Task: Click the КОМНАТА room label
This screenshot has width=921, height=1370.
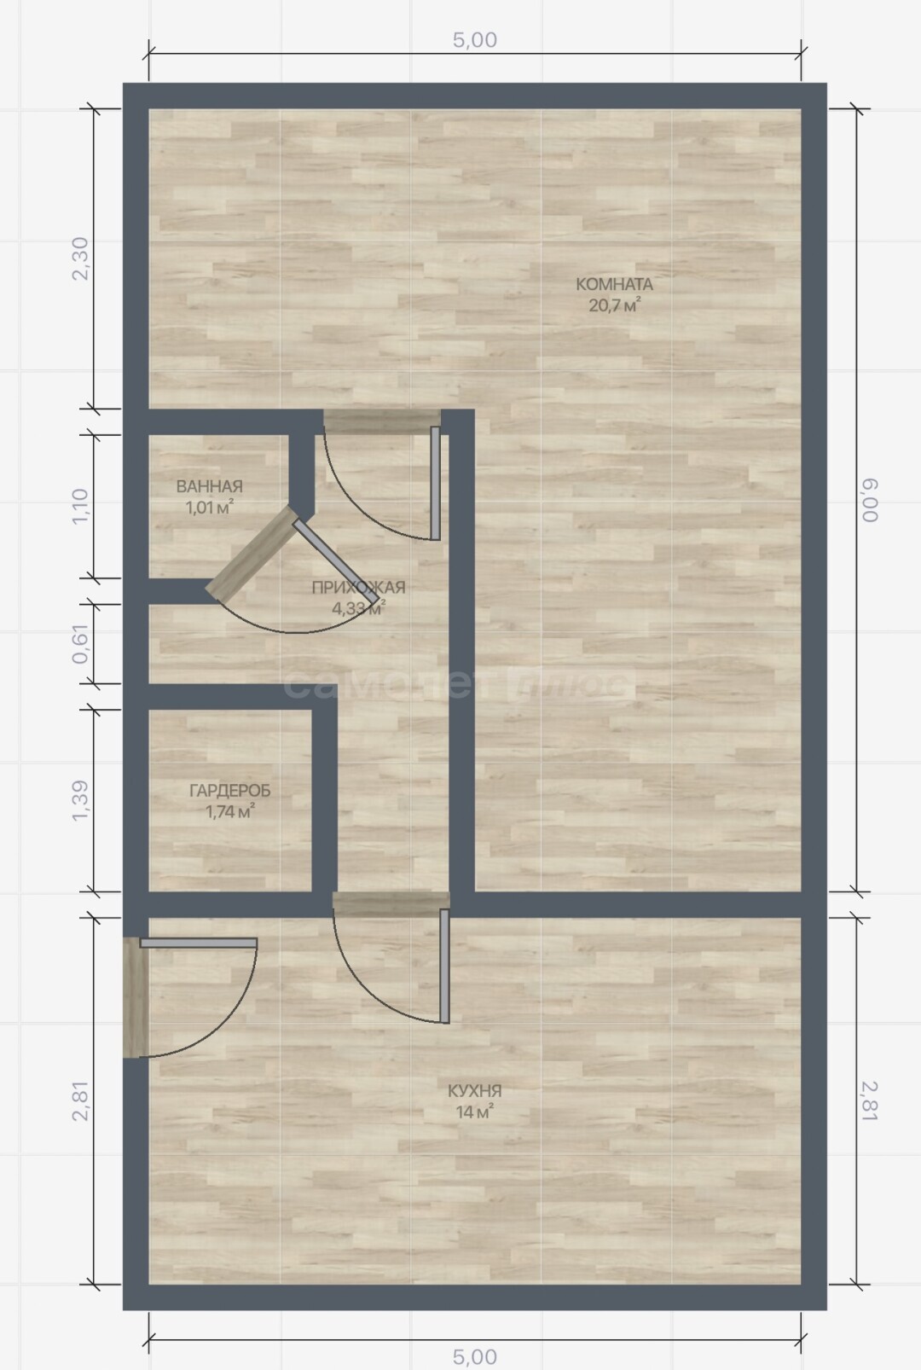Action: (614, 284)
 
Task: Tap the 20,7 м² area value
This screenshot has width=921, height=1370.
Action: (614, 305)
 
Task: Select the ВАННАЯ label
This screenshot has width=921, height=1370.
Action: (209, 486)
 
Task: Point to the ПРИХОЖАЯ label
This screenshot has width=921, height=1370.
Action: (358, 587)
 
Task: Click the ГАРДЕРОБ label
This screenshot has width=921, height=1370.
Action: (230, 791)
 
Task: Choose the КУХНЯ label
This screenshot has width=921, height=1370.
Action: (474, 1090)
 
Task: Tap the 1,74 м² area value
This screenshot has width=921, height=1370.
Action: (230, 811)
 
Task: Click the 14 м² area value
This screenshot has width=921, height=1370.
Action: (474, 1112)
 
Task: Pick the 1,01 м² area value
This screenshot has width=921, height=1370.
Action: (209, 507)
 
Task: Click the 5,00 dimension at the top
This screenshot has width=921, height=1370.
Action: (474, 40)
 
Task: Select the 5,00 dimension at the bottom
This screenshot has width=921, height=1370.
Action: (474, 1357)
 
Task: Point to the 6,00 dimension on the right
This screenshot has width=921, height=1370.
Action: (870, 500)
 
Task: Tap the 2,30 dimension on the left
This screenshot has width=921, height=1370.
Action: (80, 258)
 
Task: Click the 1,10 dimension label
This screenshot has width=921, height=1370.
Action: (80, 506)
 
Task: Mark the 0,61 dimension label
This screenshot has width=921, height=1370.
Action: (80, 644)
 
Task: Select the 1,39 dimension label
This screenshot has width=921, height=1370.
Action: (80, 801)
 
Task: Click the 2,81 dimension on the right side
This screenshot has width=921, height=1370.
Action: (870, 1101)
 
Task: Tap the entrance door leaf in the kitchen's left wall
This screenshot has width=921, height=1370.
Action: (198, 943)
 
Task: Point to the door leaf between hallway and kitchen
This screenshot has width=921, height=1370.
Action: (445, 966)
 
